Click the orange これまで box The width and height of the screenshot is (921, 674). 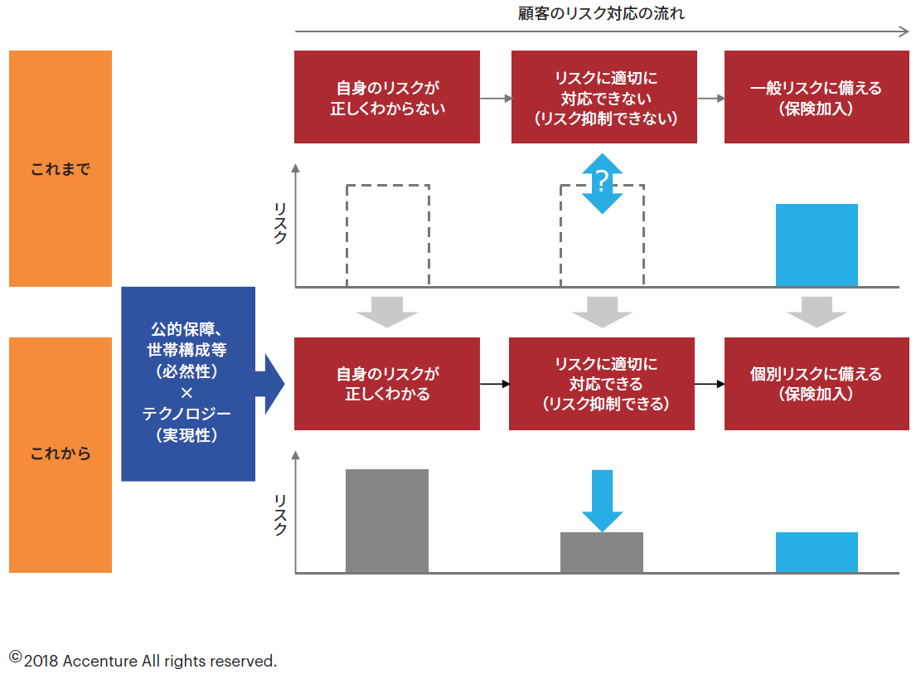(x=61, y=169)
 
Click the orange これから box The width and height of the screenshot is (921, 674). (x=61, y=454)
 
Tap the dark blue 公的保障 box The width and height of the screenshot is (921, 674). (x=188, y=384)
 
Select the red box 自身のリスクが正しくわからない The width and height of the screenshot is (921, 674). (x=387, y=97)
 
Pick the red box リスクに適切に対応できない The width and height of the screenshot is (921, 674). (x=603, y=97)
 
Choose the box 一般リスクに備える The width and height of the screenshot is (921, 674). (x=816, y=97)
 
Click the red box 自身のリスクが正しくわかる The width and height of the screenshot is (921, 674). (x=387, y=384)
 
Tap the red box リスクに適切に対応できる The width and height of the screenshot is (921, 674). (x=602, y=384)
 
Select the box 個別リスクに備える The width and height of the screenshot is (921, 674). (x=816, y=384)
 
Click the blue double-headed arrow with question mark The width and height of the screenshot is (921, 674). (x=603, y=182)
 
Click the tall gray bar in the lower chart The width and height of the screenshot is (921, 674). (x=387, y=521)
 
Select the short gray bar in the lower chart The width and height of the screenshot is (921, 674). (x=602, y=552)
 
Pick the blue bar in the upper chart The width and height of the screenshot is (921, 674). (x=817, y=245)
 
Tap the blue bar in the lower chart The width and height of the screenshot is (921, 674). (x=817, y=552)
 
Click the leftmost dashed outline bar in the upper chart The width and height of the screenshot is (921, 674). (x=387, y=235)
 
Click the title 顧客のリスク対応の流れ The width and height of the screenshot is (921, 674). (x=602, y=14)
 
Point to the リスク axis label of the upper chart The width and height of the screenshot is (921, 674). (x=279, y=225)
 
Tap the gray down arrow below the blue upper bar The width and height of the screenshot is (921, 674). (x=817, y=311)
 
